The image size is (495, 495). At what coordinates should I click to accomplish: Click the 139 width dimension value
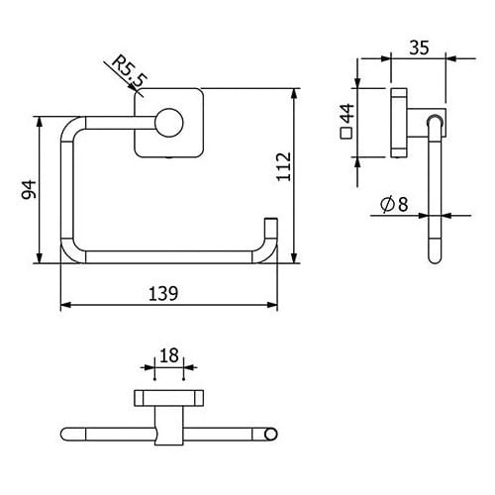tap(163, 293)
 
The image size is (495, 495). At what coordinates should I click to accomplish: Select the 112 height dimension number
tap(284, 166)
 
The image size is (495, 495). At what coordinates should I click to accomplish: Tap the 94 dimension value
tap(29, 189)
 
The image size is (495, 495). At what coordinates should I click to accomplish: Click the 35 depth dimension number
tap(419, 48)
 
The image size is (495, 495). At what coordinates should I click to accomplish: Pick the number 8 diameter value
tap(403, 204)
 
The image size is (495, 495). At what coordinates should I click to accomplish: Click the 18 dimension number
tap(169, 355)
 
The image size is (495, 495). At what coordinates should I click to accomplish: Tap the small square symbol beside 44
tap(346, 133)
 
